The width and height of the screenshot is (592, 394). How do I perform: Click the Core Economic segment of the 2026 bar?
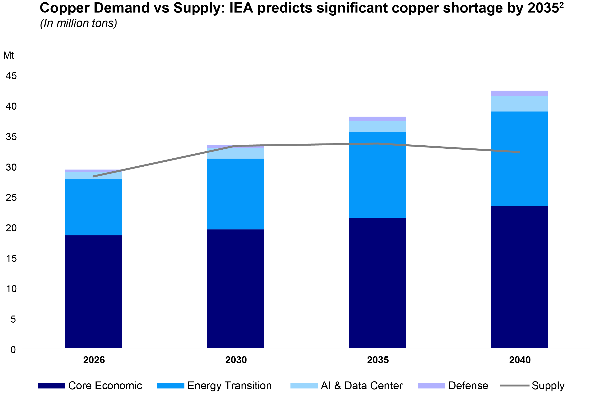[x=93, y=291]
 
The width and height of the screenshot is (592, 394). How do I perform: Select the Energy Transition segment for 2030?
[x=235, y=194]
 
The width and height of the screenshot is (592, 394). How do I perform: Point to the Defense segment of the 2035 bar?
[x=377, y=119]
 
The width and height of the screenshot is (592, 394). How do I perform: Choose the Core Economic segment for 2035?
[x=377, y=283]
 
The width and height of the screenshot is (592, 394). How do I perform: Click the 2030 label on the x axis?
[x=236, y=360]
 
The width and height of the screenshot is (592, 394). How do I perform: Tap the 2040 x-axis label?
[x=520, y=360]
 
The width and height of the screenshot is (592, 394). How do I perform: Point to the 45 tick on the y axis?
[x=11, y=76]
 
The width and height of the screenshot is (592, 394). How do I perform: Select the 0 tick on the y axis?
[x=13, y=350]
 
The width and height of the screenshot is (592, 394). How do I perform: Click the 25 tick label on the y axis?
[x=11, y=198]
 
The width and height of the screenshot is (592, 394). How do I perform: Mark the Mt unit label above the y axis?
[x=9, y=55]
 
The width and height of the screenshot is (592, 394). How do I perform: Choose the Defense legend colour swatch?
[x=431, y=385]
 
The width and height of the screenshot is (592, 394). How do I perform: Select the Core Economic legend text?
[x=105, y=385]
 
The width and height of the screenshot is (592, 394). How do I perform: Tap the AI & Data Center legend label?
[x=362, y=385]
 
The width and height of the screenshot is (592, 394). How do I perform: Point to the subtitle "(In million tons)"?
[x=79, y=23]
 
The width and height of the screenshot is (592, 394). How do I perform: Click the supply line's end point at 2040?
[x=520, y=152]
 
